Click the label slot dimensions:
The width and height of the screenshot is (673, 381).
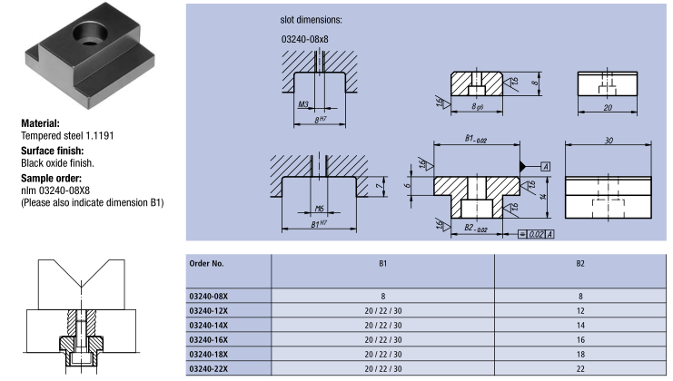(307, 18)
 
